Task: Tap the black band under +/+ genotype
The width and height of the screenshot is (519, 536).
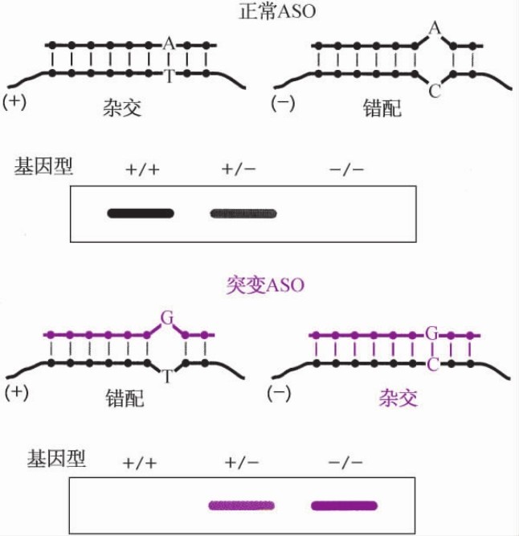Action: pyautogui.click(x=141, y=214)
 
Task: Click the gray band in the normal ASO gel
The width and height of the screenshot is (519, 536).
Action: pyautogui.click(x=245, y=214)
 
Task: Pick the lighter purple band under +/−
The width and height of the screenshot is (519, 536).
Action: pyautogui.click(x=243, y=505)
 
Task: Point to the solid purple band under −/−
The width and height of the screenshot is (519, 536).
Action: pyautogui.click(x=344, y=505)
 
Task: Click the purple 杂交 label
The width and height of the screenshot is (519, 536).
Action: pyautogui.click(x=398, y=398)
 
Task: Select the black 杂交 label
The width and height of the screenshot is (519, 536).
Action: pyautogui.click(x=121, y=108)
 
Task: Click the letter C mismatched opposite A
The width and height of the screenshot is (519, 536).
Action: pyautogui.click(x=435, y=91)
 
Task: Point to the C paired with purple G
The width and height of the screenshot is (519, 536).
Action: pyautogui.click(x=431, y=363)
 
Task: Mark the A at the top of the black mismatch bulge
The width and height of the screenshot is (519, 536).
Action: pyautogui.click(x=435, y=30)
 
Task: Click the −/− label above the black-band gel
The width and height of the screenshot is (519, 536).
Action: pyautogui.click(x=346, y=169)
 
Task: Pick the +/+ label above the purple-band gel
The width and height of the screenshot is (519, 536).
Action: pyautogui.click(x=140, y=464)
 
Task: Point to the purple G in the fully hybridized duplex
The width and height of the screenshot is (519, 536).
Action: pyautogui.click(x=431, y=333)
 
